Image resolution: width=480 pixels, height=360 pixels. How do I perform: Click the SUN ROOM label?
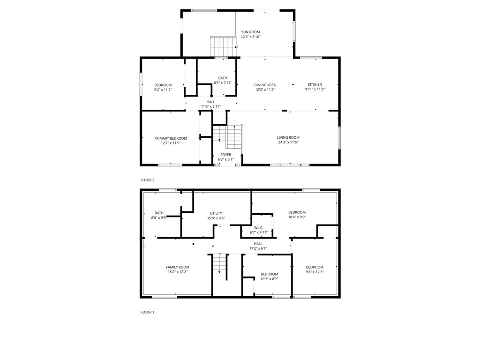pos(250,32)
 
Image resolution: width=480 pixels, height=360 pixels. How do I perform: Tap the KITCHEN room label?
pos(315,84)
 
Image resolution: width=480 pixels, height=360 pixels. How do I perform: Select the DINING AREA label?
pos(265,85)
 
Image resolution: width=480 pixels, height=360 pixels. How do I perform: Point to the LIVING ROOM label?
pos(288,137)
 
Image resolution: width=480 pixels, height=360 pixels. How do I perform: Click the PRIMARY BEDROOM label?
pos(171,138)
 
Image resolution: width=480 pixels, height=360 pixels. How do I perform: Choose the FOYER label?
pos(225,155)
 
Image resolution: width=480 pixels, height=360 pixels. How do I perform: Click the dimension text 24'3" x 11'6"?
pos(288,142)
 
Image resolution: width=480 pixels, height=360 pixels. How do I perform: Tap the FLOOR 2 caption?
pos(147,180)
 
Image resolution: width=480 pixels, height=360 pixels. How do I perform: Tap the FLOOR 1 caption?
pos(147,312)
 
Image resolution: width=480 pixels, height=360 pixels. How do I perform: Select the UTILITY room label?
pos(216,213)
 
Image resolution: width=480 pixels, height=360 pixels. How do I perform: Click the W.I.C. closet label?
pos(259,227)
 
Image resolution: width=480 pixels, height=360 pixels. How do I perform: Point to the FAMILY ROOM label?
pos(177,267)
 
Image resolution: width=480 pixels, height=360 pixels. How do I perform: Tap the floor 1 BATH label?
pos(159,213)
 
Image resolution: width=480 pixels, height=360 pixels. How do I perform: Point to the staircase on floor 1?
pos(220,265)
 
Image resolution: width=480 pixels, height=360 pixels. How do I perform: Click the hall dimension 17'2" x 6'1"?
pos(258,248)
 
